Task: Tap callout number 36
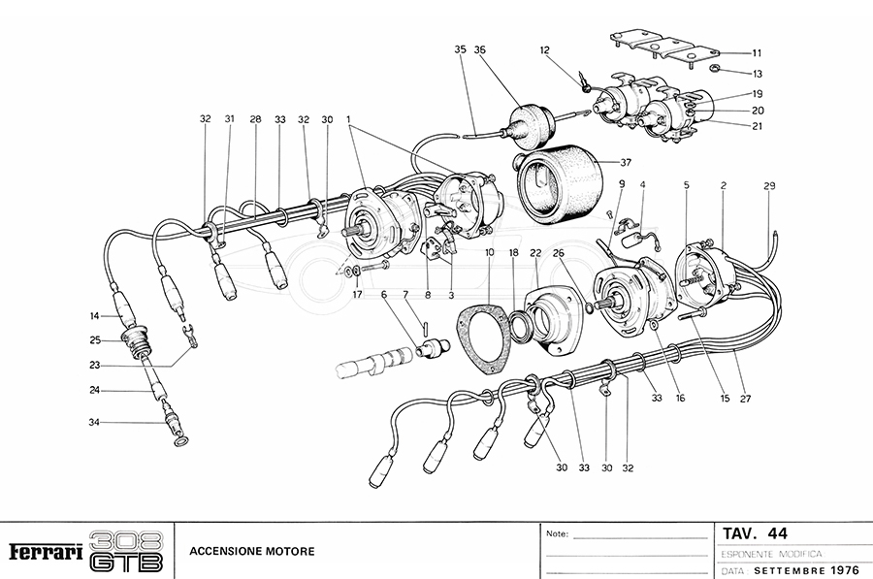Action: click(480, 49)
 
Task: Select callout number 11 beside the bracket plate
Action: click(757, 52)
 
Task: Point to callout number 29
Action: click(769, 185)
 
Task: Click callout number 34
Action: click(93, 423)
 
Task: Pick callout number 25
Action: click(95, 339)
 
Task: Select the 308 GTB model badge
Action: click(125, 550)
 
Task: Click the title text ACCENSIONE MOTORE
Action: click(251, 552)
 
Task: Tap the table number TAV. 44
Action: click(756, 533)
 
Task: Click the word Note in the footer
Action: click(557, 533)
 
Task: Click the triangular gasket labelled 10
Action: click(482, 339)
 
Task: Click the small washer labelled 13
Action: click(713, 69)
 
